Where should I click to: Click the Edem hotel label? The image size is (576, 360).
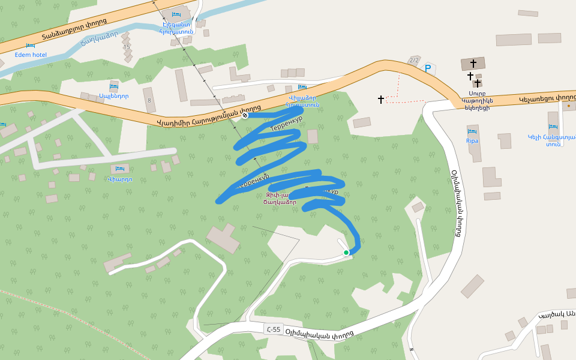click(31, 55)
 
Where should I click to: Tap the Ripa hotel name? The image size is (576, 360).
click(472, 141)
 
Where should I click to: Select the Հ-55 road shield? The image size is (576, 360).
click(273, 329)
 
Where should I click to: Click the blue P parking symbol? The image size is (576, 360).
click(428, 68)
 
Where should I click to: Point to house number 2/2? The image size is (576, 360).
click(413, 60)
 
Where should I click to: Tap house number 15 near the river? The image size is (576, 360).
click(126, 47)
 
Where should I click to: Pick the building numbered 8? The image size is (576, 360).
click(149, 100)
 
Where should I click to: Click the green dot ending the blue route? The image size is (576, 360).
click(346, 253)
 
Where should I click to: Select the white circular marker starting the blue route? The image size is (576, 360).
click(245, 115)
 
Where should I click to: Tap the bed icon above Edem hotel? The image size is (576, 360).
click(31, 46)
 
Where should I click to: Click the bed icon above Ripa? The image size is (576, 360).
click(472, 131)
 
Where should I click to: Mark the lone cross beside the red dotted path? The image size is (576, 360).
click(381, 99)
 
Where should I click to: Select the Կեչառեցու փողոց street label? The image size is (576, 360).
click(547, 97)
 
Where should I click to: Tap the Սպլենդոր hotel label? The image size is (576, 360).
click(114, 96)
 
